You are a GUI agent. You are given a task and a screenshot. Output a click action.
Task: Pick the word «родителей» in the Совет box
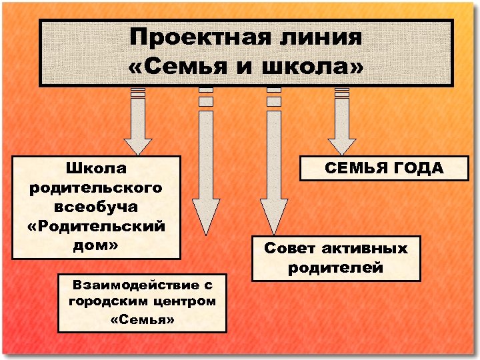click(x=336, y=268)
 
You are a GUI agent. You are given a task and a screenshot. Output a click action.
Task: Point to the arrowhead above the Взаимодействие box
click(x=205, y=215)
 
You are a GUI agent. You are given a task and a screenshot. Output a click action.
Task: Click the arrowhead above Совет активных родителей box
click(x=272, y=215)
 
